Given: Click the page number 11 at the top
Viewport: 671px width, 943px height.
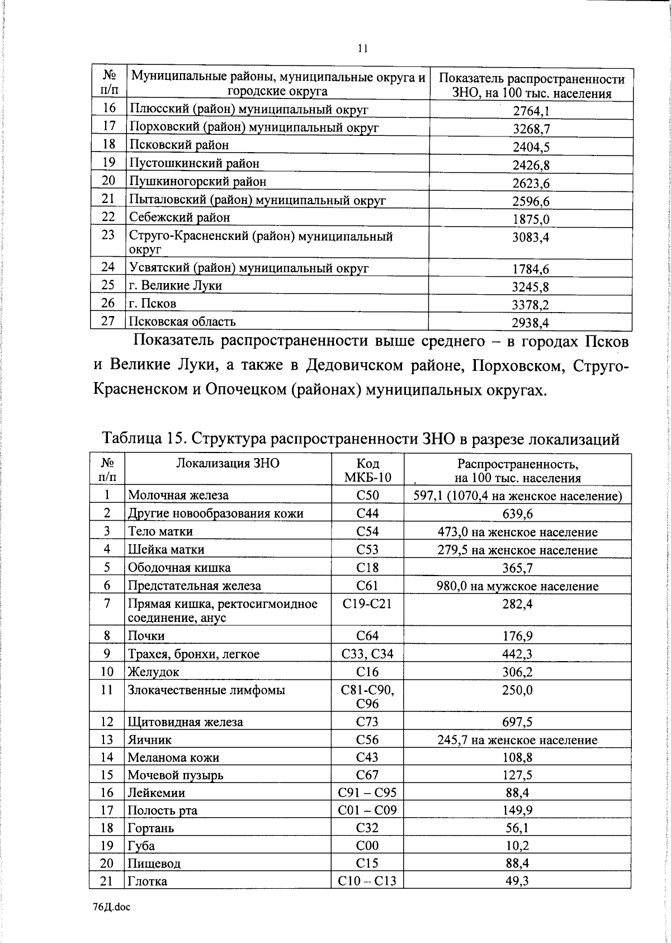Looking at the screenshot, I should (x=363, y=49).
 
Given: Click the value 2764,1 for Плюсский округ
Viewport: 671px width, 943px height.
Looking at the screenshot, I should (x=531, y=111).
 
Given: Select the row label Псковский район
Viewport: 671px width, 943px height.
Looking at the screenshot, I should (x=179, y=145).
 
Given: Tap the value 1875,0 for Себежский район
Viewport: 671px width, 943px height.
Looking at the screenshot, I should (x=531, y=219).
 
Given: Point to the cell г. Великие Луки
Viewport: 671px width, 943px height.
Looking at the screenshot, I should (x=175, y=286).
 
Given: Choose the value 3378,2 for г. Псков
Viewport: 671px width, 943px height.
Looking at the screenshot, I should (x=531, y=305).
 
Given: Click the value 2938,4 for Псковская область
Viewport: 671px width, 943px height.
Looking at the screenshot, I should (x=531, y=323).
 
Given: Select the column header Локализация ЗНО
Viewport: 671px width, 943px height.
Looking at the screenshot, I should (x=228, y=463).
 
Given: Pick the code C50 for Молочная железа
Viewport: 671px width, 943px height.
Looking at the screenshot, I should (x=367, y=495).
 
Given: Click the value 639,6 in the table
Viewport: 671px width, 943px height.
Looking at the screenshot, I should (x=517, y=514).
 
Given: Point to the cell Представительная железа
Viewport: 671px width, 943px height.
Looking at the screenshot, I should (x=194, y=586).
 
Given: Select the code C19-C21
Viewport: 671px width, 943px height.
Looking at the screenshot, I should (x=367, y=604).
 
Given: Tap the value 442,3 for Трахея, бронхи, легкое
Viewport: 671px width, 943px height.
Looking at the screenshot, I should (x=517, y=654).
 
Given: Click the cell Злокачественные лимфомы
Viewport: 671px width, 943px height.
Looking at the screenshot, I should (x=206, y=690).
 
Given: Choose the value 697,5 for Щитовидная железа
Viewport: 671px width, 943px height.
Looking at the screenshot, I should (x=517, y=722).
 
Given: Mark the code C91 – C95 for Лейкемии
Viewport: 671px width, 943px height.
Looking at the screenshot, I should (x=367, y=793).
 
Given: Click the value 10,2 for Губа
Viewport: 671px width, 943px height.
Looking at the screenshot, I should (x=517, y=846).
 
